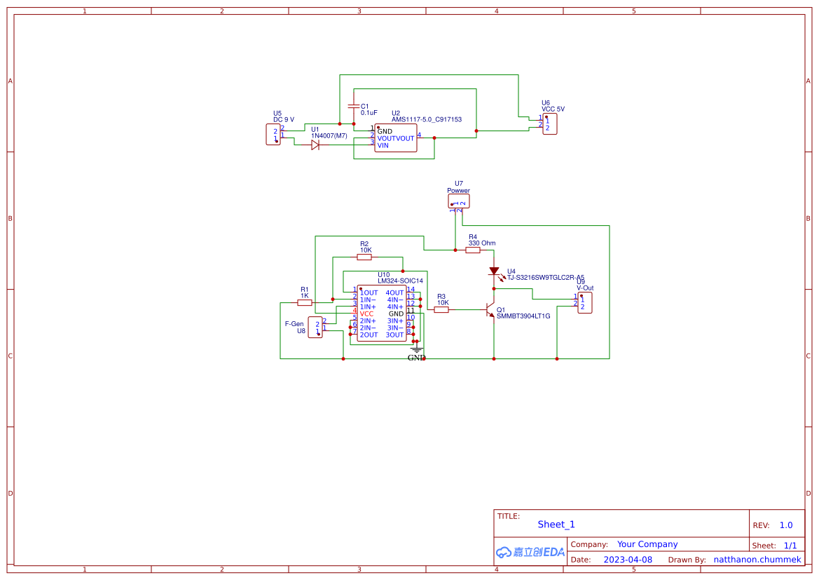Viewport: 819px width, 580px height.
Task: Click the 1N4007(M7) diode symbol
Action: tap(315, 145)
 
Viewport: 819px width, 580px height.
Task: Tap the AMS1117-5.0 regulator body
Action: tap(395, 138)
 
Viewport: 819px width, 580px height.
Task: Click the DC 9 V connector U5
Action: tap(273, 134)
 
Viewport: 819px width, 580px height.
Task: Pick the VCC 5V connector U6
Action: tap(550, 124)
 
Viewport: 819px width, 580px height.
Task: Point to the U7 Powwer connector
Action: tap(459, 201)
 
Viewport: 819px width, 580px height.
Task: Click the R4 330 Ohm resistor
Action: tap(473, 250)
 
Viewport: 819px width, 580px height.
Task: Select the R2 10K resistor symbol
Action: tap(364, 257)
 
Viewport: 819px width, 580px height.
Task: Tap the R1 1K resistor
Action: tap(305, 302)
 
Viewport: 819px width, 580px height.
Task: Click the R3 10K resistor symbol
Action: tap(441, 309)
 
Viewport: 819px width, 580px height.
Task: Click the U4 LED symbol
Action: tap(494, 271)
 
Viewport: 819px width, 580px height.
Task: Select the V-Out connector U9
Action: tap(584, 303)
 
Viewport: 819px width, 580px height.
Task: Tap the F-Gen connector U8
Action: tap(315, 327)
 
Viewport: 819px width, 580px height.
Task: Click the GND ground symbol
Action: tap(417, 349)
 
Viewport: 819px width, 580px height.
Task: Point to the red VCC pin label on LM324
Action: tap(367, 313)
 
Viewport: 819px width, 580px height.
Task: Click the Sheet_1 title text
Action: tap(556, 524)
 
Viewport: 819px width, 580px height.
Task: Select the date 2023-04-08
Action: tap(628, 560)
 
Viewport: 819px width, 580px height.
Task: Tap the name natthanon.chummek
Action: tap(757, 560)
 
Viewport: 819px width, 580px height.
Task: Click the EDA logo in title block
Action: tap(530, 552)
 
